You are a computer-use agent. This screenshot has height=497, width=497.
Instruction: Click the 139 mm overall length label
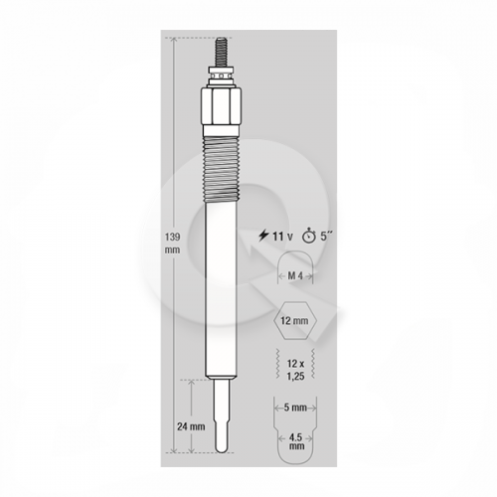[x=173, y=244]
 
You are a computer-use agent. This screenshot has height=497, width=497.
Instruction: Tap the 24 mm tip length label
[x=191, y=426]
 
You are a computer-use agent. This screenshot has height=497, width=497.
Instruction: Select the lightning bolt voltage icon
[x=263, y=236]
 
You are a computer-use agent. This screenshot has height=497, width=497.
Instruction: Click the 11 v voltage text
[x=282, y=237]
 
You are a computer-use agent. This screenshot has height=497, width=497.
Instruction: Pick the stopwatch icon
[x=308, y=236]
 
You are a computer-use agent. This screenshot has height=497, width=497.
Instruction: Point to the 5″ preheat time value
[x=326, y=237]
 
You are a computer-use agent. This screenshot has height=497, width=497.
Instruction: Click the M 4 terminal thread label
[x=295, y=275]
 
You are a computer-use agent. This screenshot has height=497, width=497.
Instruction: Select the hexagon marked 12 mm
[x=295, y=321]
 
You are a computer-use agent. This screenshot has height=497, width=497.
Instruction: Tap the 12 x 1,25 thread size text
[x=295, y=370]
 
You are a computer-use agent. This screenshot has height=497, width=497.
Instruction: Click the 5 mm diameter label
[x=295, y=408]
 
